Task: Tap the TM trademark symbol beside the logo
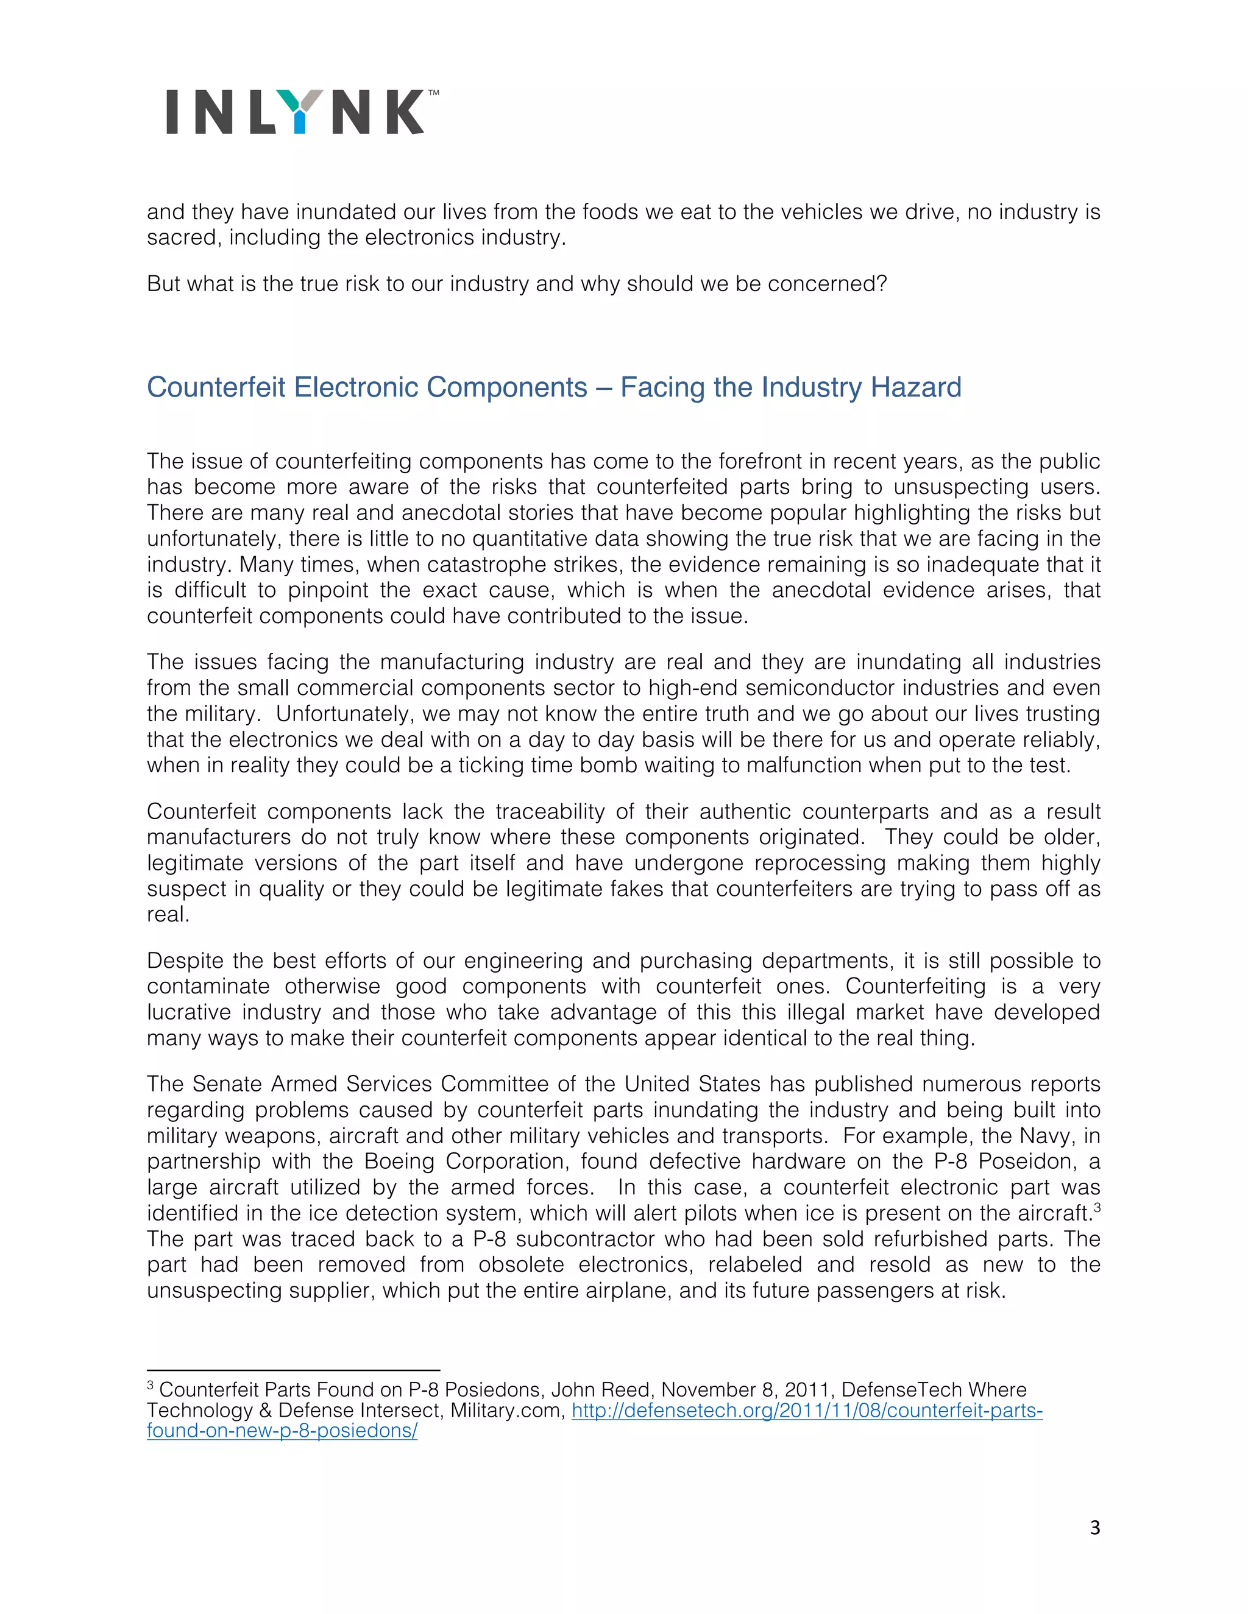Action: point(434,93)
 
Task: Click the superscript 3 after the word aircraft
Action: point(1097,1208)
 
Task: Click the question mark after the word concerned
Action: point(881,284)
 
